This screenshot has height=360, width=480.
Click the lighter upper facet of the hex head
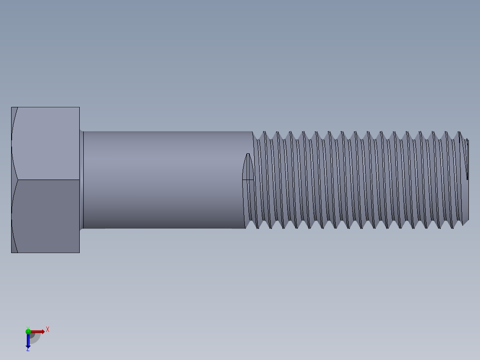pos(47,143)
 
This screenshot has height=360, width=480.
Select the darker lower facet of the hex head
pos(47,216)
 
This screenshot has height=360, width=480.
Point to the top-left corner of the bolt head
pos(12,107)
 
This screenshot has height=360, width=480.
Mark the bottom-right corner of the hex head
pos(79,253)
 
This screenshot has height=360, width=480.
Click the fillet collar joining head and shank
pos(81,180)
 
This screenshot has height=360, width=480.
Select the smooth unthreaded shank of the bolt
pos(165,180)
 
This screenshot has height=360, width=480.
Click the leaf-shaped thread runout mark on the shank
pos(248,167)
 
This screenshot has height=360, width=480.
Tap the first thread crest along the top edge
pos(264,132)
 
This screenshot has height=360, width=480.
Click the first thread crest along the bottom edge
pos(257,228)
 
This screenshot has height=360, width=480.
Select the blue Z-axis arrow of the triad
pos(28,341)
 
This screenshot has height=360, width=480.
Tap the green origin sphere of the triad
pos(28,331)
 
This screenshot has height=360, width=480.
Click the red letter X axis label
pos(48,330)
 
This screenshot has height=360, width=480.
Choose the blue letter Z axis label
pos(28,350)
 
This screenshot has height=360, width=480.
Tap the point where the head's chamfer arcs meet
pos(17,180)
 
